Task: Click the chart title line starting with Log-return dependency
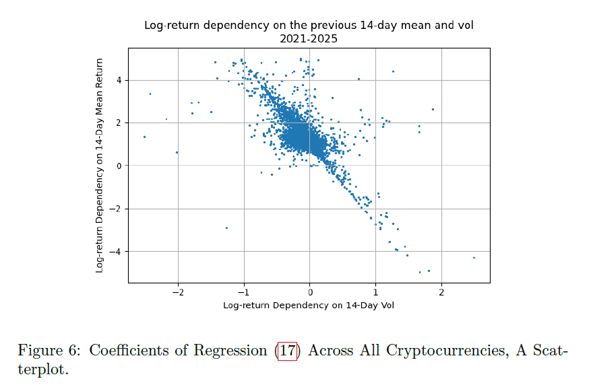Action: click(309, 26)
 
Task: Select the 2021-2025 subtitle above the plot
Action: click(309, 39)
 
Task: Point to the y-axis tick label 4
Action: click(119, 80)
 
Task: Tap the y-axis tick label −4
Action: click(117, 252)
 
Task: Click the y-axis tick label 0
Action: click(119, 166)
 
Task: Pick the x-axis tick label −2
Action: click(178, 293)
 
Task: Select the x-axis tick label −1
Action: click(244, 293)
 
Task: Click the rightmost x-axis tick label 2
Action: click(441, 293)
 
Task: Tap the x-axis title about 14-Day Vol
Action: click(309, 306)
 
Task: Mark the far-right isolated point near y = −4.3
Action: click(474, 258)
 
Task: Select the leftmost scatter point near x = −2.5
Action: click(144, 137)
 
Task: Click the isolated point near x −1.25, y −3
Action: click(226, 228)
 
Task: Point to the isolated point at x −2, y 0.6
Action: click(177, 152)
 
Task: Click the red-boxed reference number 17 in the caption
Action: click(288, 351)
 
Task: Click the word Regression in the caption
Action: click(235, 351)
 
